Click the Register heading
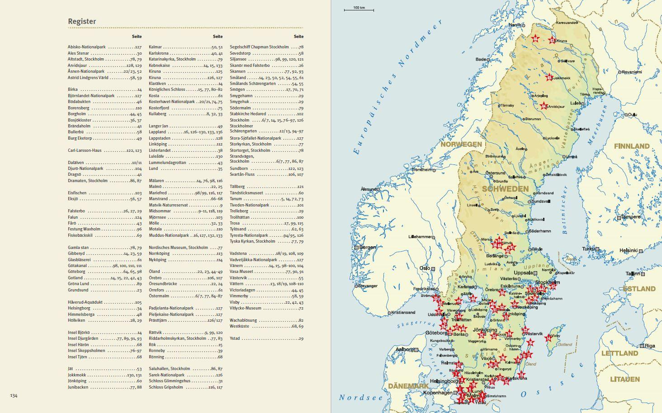(x=82, y=21)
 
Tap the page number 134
(x=14, y=396)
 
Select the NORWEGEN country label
(x=461, y=144)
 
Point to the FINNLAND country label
(x=631, y=146)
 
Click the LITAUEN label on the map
(x=625, y=379)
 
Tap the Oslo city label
(x=425, y=268)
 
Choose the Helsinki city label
(x=628, y=250)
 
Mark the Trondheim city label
(x=421, y=170)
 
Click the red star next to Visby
(x=549, y=338)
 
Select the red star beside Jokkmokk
(x=549, y=77)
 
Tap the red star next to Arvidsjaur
(x=544, y=106)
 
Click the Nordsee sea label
(x=361, y=398)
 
